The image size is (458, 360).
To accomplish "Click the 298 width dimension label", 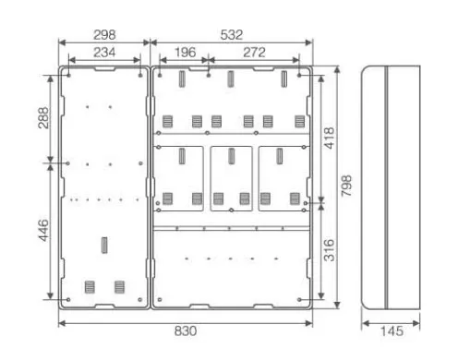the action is [x=104, y=35].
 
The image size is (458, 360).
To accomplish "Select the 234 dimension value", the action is [x=104, y=53].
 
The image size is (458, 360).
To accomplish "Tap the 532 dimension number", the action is [x=232, y=35].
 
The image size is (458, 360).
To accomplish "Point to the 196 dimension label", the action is [x=185, y=53].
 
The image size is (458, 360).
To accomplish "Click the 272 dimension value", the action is [x=254, y=53].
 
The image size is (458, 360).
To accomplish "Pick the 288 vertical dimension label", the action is [x=43, y=118].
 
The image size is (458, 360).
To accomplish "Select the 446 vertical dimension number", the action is [x=43, y=230].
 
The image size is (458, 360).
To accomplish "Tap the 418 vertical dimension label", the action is [x=330, y=138].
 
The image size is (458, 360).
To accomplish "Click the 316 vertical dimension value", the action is [x=330, y=250].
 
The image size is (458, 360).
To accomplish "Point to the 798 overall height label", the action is [x=346, y=186].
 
